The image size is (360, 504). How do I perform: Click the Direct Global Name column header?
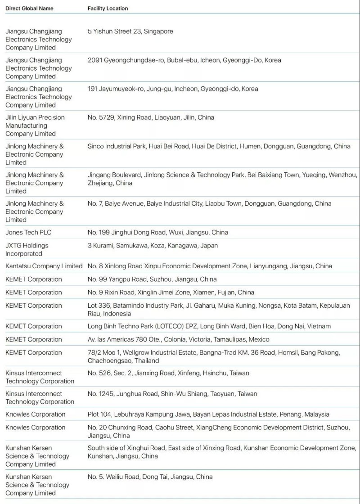29,9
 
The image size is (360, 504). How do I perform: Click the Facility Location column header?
108,9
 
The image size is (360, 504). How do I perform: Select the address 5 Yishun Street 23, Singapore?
130,31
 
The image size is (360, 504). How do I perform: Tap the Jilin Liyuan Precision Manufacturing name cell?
35,126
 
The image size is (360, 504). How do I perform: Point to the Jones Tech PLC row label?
28,233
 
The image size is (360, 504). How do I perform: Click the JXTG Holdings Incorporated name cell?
27,250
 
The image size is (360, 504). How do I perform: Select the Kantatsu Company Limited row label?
44,266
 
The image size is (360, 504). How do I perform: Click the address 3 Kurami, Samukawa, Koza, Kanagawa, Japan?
153,246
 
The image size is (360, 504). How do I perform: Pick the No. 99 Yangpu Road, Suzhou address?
152,279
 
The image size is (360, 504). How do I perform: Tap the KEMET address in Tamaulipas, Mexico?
179,340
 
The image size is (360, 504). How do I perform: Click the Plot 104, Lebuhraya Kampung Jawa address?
208,414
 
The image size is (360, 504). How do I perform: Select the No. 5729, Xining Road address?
151,117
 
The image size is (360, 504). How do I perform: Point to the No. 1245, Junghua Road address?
172,394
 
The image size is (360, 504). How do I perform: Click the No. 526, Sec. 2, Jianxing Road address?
168,373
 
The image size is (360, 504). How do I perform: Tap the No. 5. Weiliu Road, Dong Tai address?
150,477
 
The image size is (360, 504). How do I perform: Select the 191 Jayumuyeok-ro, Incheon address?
173,89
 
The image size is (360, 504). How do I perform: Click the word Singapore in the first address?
158,31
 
